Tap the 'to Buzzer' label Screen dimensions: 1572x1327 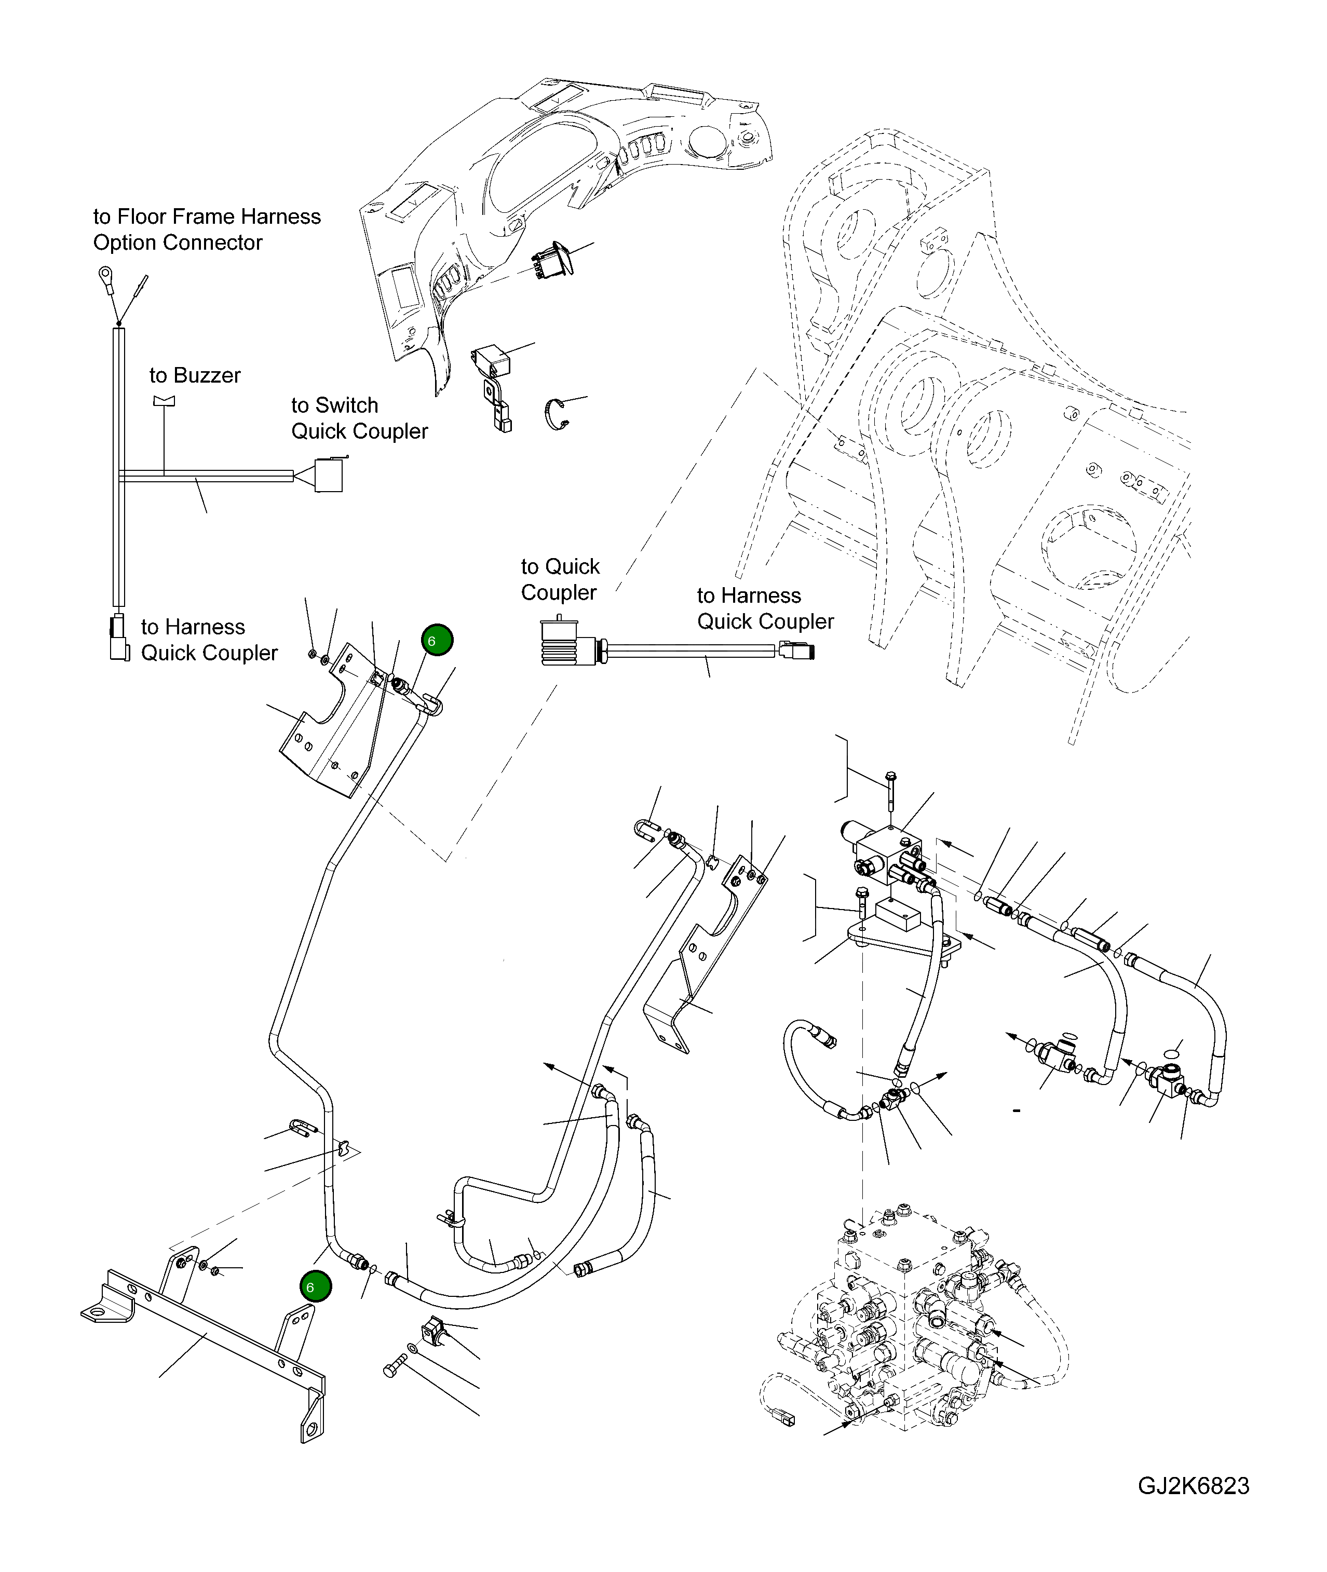click(x=195, y=375)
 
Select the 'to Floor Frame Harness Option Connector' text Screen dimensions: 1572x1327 click(x=206, y=229)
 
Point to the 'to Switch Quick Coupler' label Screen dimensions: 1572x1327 click(x=359, y=418)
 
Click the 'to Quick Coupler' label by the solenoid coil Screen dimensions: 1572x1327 click(x=560, y=579)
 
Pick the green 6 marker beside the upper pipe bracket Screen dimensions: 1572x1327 click(x=437, y=640)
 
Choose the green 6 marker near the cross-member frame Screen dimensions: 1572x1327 click(x=315, y=1287)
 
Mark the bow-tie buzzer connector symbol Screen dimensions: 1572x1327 click(x=164, y=401)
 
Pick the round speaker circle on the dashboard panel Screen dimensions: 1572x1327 click(x=705, y=141)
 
